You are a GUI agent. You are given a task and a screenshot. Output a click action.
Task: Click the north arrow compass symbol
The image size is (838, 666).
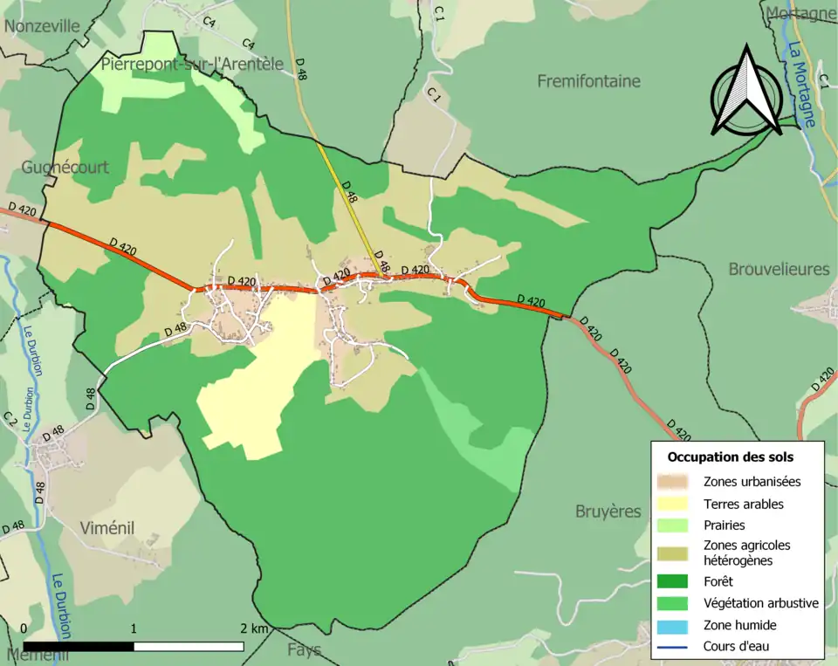[x=745, y=91]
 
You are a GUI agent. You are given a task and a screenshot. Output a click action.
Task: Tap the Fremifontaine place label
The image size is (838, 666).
[x=588, y=81]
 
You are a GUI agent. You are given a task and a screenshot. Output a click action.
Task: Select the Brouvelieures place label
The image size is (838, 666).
[x=779, y=269]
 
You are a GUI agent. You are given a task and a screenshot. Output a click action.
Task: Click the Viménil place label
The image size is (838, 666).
[x=106, y=527]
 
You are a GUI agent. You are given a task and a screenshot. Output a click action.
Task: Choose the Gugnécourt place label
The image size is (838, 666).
[x=65, y=166]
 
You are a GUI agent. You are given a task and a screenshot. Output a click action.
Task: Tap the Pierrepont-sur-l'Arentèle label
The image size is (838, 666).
[x=192, y=64]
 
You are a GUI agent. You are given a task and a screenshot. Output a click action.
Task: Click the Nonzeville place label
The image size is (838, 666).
[x=42, y=26]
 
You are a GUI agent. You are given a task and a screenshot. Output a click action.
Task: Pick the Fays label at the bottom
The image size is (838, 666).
[x=304, y=649]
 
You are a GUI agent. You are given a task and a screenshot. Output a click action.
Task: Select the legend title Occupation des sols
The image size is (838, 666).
[x=731, y=457]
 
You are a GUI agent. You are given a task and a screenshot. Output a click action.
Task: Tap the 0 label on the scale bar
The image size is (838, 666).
[x=24, y=628]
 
